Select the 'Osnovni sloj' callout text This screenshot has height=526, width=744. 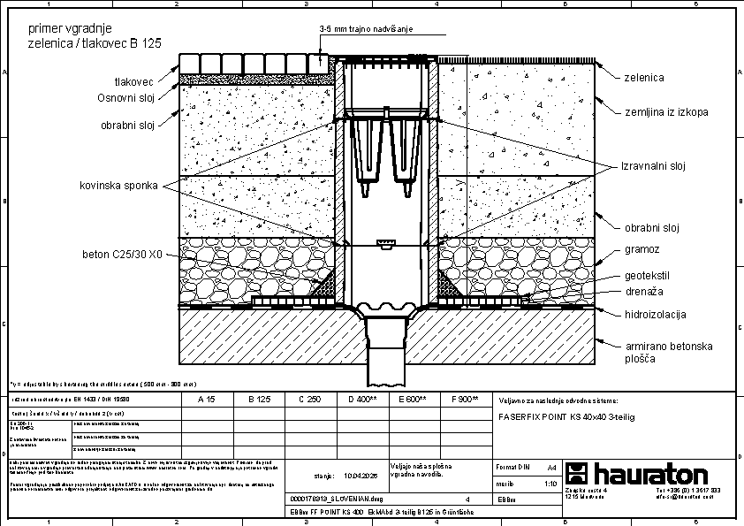coord(126,97)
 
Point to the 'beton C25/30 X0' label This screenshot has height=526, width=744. coord(122,255)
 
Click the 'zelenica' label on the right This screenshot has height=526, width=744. coord(644,78)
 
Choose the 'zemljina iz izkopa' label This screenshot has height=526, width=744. coord(666,112)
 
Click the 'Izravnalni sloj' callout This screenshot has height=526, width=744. coord(654,166)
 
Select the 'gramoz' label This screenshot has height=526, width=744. coord(642,251)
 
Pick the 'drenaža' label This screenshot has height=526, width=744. coord(644,291)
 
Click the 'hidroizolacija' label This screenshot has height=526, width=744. coord(655,314)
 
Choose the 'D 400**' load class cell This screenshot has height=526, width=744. coord(361,400)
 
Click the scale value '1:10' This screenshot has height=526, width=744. coord(550,484)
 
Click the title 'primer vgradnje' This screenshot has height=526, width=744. coord(65,28)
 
